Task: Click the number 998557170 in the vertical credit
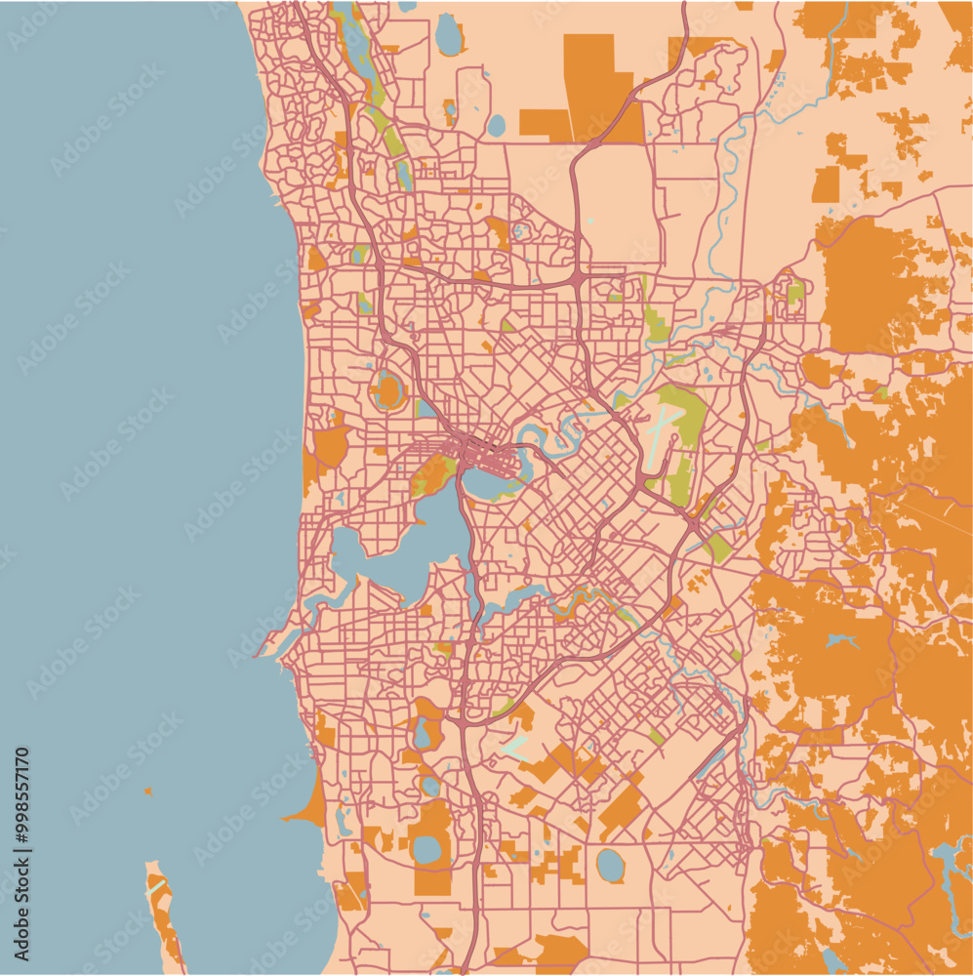pyautogui.click(x=21, y=793)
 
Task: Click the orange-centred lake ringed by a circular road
pyautogui.click(x=388, y=391)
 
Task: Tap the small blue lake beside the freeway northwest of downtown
pyautogui.click(x=426, y=408)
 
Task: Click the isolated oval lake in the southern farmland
pyautogui.click(x=610, y=864)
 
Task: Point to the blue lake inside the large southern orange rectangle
pyautogui.click(x=427, y=849)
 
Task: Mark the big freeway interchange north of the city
pyautogui.click(x=578, y=281)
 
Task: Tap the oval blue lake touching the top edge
pyautogui.click(x=448, y=34)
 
